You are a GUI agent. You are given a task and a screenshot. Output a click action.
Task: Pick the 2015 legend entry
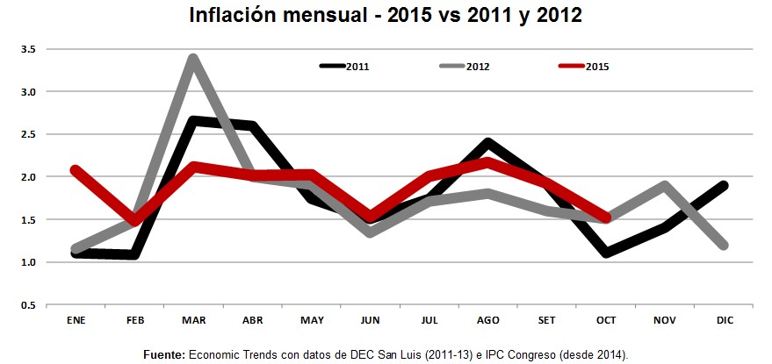coord(585,66)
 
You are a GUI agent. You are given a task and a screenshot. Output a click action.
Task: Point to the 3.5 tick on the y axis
coord(28,49)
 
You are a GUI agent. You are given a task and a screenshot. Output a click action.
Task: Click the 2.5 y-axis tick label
coord(28,134)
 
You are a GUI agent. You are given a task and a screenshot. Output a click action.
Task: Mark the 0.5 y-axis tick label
coord(28,305)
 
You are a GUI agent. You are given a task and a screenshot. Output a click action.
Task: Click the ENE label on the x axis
coord(76,321)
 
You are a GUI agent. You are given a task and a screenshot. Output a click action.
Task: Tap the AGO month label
coord(487,321)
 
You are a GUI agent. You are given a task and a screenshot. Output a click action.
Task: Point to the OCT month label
coord(605,321)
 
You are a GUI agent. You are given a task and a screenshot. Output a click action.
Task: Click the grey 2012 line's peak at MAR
coord(192,59)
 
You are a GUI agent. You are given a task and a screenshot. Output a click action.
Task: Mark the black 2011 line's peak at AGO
coord(487,143)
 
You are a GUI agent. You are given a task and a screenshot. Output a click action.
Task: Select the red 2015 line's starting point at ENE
coord(76,169)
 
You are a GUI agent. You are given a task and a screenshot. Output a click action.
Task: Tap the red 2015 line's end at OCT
coord(605,218)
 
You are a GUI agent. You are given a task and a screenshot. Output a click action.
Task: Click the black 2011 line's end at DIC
coord(723,185)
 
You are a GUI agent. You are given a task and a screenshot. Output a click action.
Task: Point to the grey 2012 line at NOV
coord(664,185)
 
